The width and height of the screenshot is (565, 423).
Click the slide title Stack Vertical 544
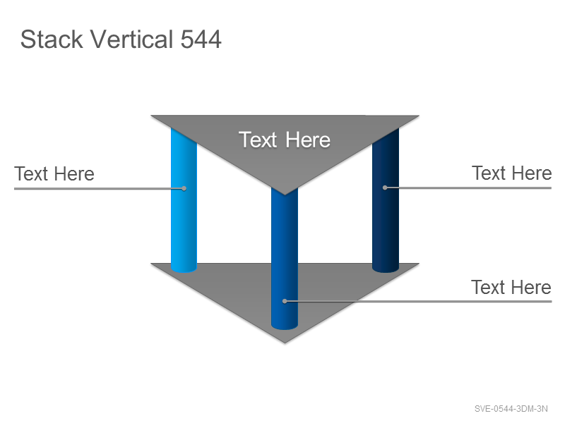(x=121, y=39)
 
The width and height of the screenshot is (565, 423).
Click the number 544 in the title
(x=201, y=39)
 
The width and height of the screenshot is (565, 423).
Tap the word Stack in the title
(x=52, y=39)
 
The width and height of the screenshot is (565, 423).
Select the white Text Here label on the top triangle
(x=285, y=140)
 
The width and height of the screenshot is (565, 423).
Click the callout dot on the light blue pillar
(x=184, y=188)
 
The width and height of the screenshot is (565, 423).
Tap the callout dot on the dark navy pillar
(x=385, y=188)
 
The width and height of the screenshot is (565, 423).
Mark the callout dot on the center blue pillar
(x=285, y=301)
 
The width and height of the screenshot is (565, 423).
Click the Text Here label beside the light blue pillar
(x=54, y=173)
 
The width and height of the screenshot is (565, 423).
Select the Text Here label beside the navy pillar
(x=511, y=173)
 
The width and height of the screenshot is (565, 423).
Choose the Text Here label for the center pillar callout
(x=511, y=287)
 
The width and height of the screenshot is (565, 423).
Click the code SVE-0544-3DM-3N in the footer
(x=511, y=409)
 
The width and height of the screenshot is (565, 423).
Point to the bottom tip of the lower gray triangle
(x=285, y=343)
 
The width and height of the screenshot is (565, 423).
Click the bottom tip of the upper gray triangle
(x=285, y=195)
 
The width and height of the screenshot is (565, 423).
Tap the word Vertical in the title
(x=131, y=39)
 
